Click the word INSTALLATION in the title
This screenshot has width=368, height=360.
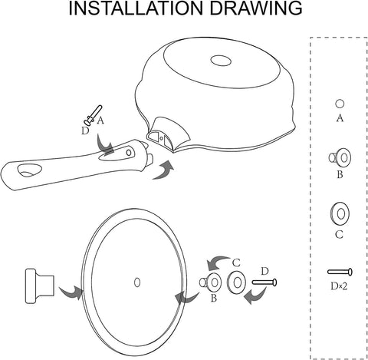point(136,8)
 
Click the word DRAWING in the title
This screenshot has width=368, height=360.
point(256,8)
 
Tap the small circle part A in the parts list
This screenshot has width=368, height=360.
point(340,104)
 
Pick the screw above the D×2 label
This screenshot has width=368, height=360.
point(340,272)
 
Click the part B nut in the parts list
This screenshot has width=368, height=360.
point(340,157)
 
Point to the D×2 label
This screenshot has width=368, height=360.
point(339,286)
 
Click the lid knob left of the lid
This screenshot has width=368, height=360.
point(40,286)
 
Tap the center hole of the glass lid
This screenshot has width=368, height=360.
point(137,282)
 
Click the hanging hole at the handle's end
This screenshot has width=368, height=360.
point(29,170)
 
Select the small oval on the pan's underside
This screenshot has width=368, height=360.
point(221,61)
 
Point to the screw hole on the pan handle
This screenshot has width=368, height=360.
point(129,153)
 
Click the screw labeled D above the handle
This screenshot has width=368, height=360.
point(93,115)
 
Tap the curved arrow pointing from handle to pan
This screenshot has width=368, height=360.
point(163,170)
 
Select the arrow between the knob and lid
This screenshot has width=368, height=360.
point(71,292)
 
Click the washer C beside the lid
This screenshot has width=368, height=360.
point(236,282)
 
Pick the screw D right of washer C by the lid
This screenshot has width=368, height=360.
point(264,282)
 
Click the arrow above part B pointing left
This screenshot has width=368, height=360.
point(219,263)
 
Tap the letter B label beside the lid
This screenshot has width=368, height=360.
point(214,298)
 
